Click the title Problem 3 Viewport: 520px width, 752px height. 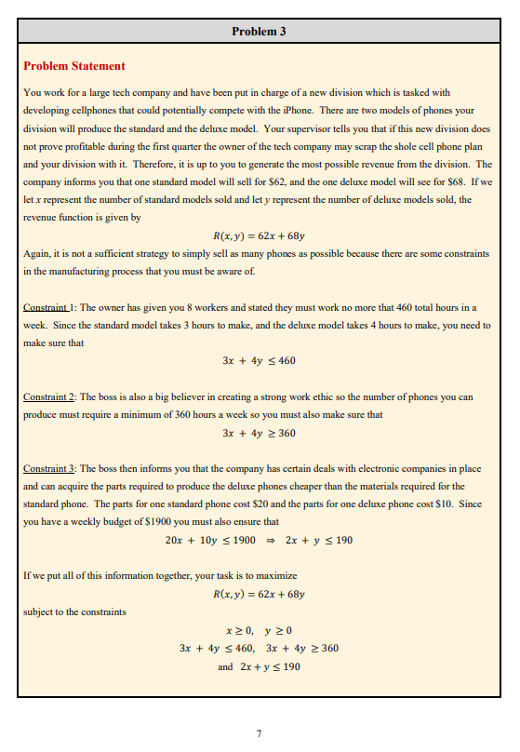click(x=259, y=32)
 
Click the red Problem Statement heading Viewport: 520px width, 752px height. click(x=73, y=66)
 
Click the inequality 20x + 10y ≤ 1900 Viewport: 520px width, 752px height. click(x=209, y=540)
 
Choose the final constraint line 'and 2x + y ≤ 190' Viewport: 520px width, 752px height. click(x=259, y=667)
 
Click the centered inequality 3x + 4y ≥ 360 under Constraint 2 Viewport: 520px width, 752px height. click(x=259, y=433)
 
